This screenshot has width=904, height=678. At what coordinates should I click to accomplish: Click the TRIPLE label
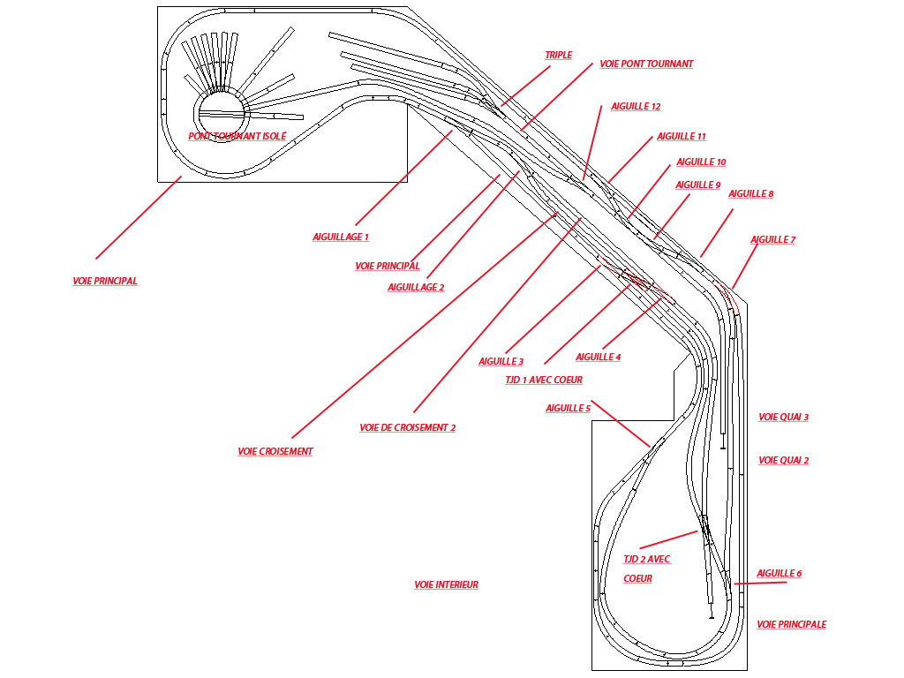pyautogui.click(x=559, y=56)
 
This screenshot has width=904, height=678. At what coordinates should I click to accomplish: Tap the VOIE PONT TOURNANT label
pyautogui.click(x=646, y=64)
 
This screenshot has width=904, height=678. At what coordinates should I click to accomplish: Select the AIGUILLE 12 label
pyautogui.click(x=636, y=107)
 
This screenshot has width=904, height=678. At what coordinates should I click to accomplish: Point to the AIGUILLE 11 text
pyautogui.click(x=682, y=137)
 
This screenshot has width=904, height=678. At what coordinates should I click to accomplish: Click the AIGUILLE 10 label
pyautogui.click(x=701, y=162)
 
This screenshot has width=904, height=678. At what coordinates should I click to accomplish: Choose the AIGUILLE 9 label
pyautogui.click(x=698, y=185)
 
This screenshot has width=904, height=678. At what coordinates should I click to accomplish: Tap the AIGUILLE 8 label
pyautogui.click(x=750, y=193)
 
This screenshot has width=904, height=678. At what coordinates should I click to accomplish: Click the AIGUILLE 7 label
pyautogui.click(x=773, y=240)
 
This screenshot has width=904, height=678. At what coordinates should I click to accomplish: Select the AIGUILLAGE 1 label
pyautogui.click(x=341, y=237)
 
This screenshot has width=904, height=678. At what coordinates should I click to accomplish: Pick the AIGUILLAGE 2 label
pyautogui.click(x=417, y=287)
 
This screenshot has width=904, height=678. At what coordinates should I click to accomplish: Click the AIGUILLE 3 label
pyautogui.click(x=501, y=361)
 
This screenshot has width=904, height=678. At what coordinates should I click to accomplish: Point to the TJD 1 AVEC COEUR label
pyautogui.click(x=544, y=380)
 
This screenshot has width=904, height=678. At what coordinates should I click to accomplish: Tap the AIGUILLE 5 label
pyautogui.click(x=569, y=408)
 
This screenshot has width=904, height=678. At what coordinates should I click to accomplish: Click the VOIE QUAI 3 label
pyautogui.click(x=784, y=418)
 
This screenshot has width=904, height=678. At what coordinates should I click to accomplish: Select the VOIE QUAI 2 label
pyautogui.click(x=784, y=461)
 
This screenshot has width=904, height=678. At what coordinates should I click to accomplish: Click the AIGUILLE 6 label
pyautogui.click(x=780, y=574)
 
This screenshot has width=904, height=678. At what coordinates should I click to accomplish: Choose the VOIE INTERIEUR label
pyautogui.click(x=446, y=584)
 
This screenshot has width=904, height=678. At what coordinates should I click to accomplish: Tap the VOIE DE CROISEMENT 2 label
pyautogui.click(x=408, y=428)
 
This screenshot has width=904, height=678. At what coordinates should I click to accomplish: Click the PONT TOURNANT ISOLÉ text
pyautogui.click(x=237, y=137)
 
